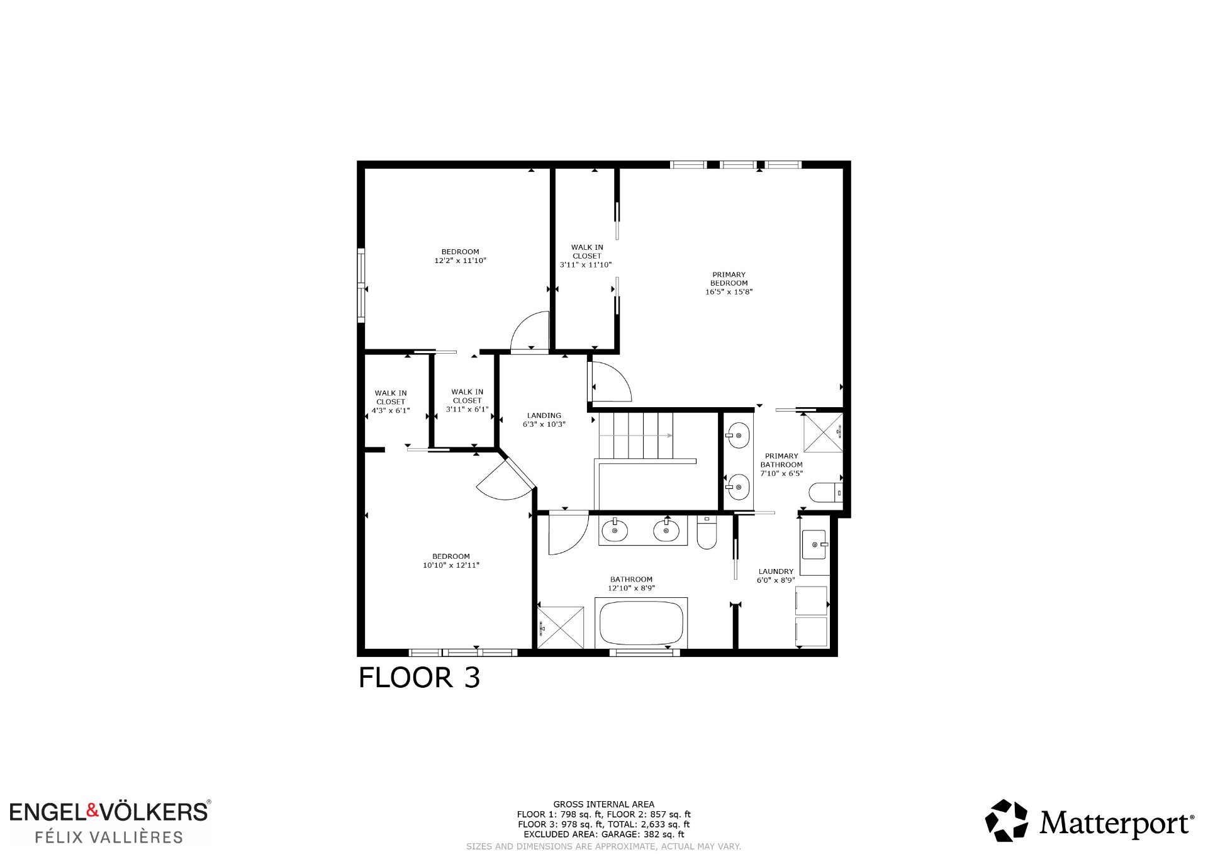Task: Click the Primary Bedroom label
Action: pyautogui.click(x=729, y=283)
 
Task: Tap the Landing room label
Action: pyautogui.click(x=544, y=420)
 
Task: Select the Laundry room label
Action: pyautogui.click(x=776, y=576)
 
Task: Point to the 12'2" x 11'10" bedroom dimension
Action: pyautogui.click(x=460, y=261)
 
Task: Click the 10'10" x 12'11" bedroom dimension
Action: pyautogui.click(x=451, y=565)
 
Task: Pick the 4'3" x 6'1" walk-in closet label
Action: pyautogui.click(x=391, y=402)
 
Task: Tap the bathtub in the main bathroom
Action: pyautogui.click(x=641, y=622)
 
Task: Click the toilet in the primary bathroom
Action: pyautogui.click(x=825, y=492)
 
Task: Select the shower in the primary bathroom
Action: pyautogui.click(x=823, y=432)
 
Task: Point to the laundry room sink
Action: pyautogui.click(x=815, y=544)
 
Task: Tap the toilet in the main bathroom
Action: pyautogui.click(x=707, y=532)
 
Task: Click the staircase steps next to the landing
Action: pyautogui.click(x=635, y=435)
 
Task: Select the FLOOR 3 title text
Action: pyautogui.click(x=419, y=678)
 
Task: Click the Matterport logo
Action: pyautogui.click(x=1090, y=821)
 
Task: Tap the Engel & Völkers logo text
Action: pyautogui.click(x=109, y=811)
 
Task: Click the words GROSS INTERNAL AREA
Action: pyautogui.click(x=604, y=804)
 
